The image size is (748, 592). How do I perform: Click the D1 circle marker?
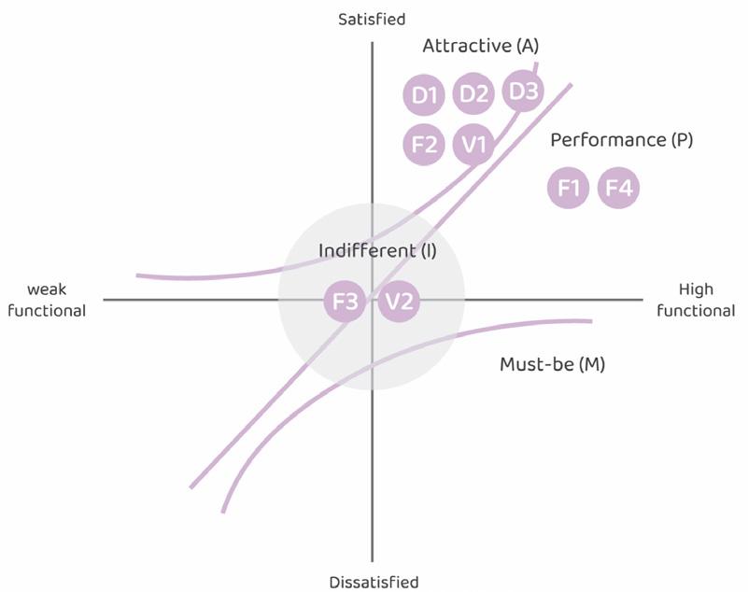pyautogui.click(x=425, y=94)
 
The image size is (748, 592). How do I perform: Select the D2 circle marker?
pyautogui.click(x=473, y=94)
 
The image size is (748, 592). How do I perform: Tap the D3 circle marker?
pyautogui.click(x=523, y=92)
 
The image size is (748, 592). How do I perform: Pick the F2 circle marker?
pyautogui.click(x=424, y=145)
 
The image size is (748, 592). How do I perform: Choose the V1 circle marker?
pyautogui.click(x=473, y=145)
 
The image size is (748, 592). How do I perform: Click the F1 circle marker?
pyautogui.click(x=569, y=188)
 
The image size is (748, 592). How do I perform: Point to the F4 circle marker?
pyautogui.click(x=618, y=188)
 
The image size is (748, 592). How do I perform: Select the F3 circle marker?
pyautogui.click(x=346, y=302)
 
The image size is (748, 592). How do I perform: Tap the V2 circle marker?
pyautogui.click(x=399, y=302)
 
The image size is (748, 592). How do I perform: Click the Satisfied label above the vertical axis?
pyautogui.click(x=372, y=19)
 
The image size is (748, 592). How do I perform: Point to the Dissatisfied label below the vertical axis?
pyautogui.click(x=373, y=582)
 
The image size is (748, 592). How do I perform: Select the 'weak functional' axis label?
pyautogui.click(x=47, y=300)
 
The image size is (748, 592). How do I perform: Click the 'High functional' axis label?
pyautogui.click(x=696, y=300)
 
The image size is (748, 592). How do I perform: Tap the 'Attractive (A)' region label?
pyautogui.click(x=480, y=45)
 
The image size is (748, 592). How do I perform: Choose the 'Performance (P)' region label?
pyautogui.click(x=621, y=140)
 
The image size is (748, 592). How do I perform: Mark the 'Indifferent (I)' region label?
pyautogui.click(x=377, y=250)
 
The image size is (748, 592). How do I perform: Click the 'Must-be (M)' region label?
pyautogui.click(x=552, y=364)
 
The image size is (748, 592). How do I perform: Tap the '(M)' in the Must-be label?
pyautogui.click(x=591, y=364)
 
